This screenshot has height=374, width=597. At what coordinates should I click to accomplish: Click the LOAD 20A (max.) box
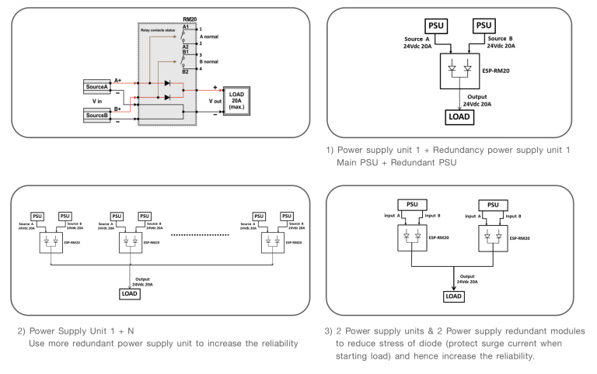point(237,100)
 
